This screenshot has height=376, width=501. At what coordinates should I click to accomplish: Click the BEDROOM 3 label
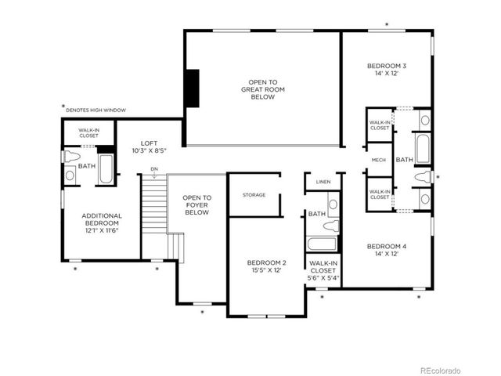(x=387, y=66)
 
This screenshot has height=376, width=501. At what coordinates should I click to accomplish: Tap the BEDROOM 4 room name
(x=387, y=247)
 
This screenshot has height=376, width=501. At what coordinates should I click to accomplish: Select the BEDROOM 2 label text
(x=267, y=262)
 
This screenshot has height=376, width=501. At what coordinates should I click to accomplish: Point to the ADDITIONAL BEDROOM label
(x=102, y=219)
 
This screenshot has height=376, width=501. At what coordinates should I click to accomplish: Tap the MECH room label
(x=379, y=160)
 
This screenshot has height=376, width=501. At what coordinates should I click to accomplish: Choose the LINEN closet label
(x=323, y=182)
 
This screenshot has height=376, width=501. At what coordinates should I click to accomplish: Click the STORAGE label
(x=254, y=195)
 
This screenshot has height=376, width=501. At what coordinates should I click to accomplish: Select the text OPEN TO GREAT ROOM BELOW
(x=262, y=89)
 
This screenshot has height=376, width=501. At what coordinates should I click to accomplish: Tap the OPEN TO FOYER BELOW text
(x=196, y=205)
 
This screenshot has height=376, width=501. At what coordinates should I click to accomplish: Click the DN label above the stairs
(x=154, y=169)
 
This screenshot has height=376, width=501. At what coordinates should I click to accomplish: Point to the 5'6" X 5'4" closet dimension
(x=323, y=277)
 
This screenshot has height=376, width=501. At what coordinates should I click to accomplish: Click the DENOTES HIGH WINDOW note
(x=96, y=110)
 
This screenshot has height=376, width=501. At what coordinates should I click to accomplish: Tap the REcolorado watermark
(x=441, y=370)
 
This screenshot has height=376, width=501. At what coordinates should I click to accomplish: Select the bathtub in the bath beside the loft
(x=106, y=169)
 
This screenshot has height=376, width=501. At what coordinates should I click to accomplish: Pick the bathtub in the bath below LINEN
(x=322, y=244)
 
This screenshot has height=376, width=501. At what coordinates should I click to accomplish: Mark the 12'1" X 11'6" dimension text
(x=102, y=231)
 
